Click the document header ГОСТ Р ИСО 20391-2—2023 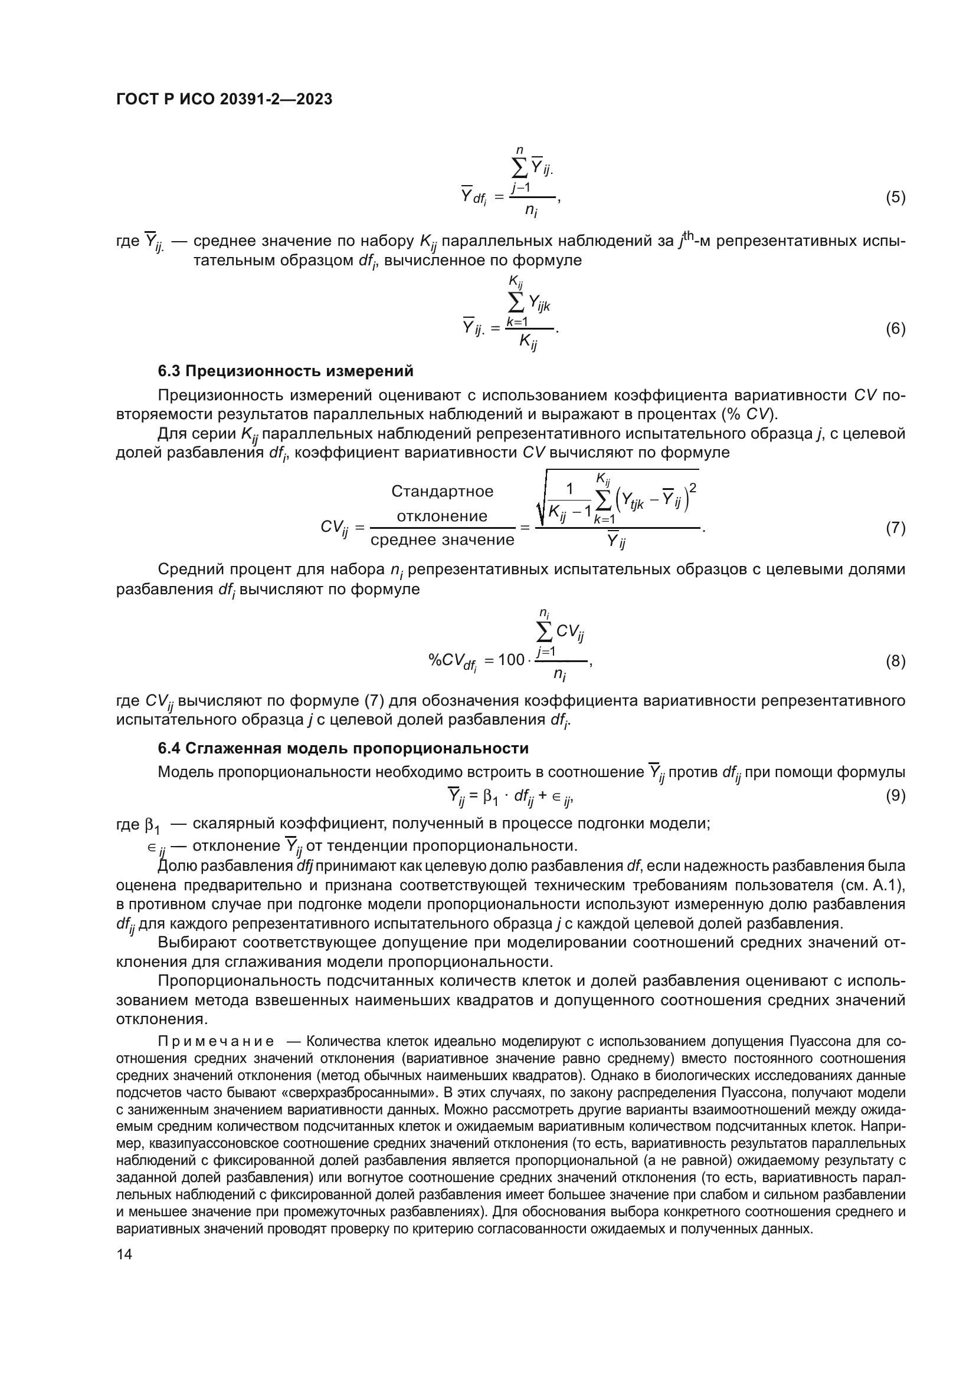[x=224, y=100]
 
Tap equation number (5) [x=896, y=197]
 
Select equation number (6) [x=896, y=328]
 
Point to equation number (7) [x=896, y=528]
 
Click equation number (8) [x=896, y=661]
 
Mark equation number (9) [x=896, y=796]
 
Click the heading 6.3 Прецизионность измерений [x=286, y=371]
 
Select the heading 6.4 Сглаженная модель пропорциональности [x=343, y=748]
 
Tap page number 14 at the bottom [x=124, y=1254]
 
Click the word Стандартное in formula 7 [x=442, y=491]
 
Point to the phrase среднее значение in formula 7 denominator [x=443, y=540]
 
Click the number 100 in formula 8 [x=512, y=660]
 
